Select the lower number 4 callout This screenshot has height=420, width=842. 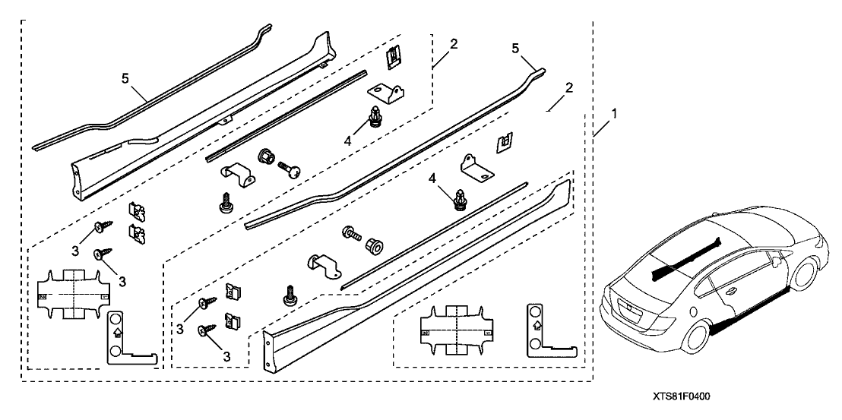[x=433, y=179]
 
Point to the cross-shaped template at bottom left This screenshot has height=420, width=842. [x=72, y=293]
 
